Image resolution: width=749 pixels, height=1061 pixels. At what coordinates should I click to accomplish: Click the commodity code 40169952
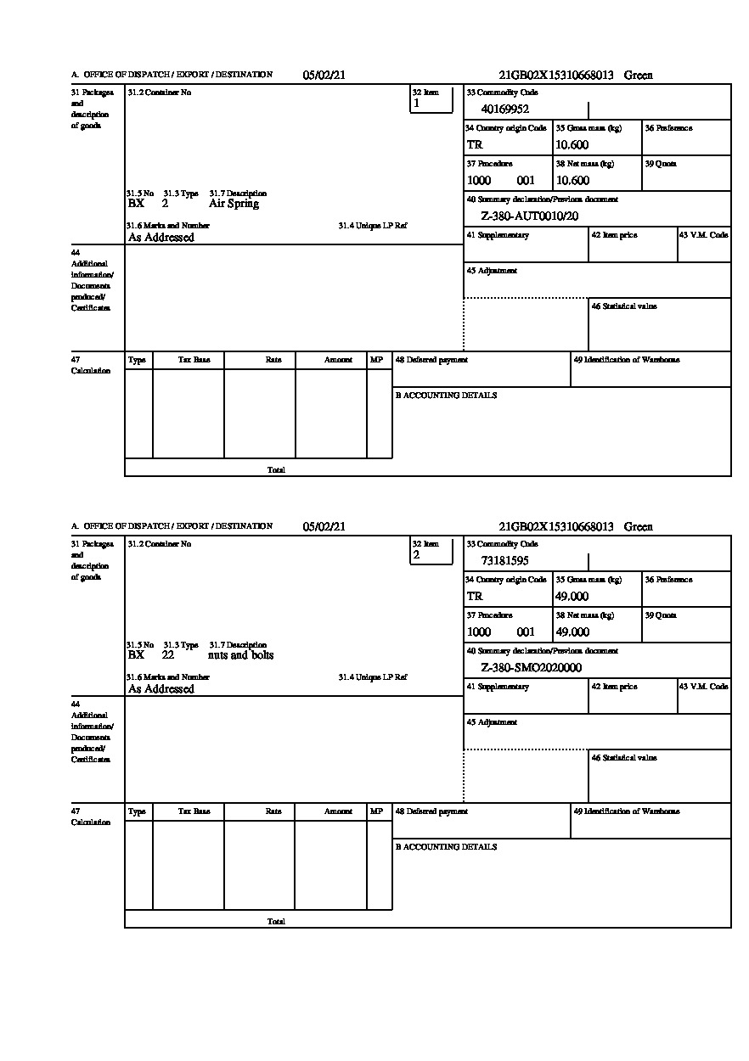pyautogui.click(x=505, y=109)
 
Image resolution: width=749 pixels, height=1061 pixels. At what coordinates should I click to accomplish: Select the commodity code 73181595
pyautogui.click(x=505, y=560)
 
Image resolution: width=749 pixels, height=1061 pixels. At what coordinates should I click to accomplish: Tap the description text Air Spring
pyautogui.click(x=234, y=204)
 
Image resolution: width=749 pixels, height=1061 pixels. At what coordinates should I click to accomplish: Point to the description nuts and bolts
pyautogui.click(x=241, y=655)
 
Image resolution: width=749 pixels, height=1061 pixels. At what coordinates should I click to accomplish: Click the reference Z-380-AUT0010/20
pyautogui.click(x=529, y=216)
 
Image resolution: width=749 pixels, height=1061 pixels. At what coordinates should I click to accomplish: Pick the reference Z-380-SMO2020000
pyautogui.click(x=531, y=667)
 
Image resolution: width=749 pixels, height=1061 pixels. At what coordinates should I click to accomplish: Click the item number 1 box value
pyautogui.click(x=416, y=104)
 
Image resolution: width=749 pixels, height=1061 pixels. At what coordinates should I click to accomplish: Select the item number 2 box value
pyautogui.click(x=416, y=555)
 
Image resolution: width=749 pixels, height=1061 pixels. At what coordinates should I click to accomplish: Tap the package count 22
pyautogui.click(x=168, y=655)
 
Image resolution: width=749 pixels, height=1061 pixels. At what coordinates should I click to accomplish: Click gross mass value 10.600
pyautogui.click(x=572, y=144)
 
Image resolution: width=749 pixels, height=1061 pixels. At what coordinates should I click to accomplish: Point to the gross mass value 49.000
pyautogui.click(x=572, y=596)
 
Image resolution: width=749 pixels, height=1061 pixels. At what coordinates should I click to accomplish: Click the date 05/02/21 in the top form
pyautogui.click(x=324, y=75)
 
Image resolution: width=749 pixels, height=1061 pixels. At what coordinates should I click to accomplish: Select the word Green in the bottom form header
pyautogui.click(x=639, y=526)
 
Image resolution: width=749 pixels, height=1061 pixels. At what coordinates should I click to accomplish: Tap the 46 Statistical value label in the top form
pyautogui.click(x=623, y=306)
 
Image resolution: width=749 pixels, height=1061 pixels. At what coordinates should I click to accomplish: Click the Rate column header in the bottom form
pyautogui.click(x=273, y=811)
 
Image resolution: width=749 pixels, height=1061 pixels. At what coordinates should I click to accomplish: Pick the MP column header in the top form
pyautogui.click(x=376, y=360)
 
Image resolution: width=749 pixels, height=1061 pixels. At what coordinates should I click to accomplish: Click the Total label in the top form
pyautogui.click(x=276, y=469)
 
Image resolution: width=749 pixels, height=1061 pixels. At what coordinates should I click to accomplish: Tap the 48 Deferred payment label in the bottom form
pyautogui.click(x=431, y=811)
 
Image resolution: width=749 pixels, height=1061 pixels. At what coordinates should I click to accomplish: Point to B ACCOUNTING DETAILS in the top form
pyautogui.click(x=446, y=396)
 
